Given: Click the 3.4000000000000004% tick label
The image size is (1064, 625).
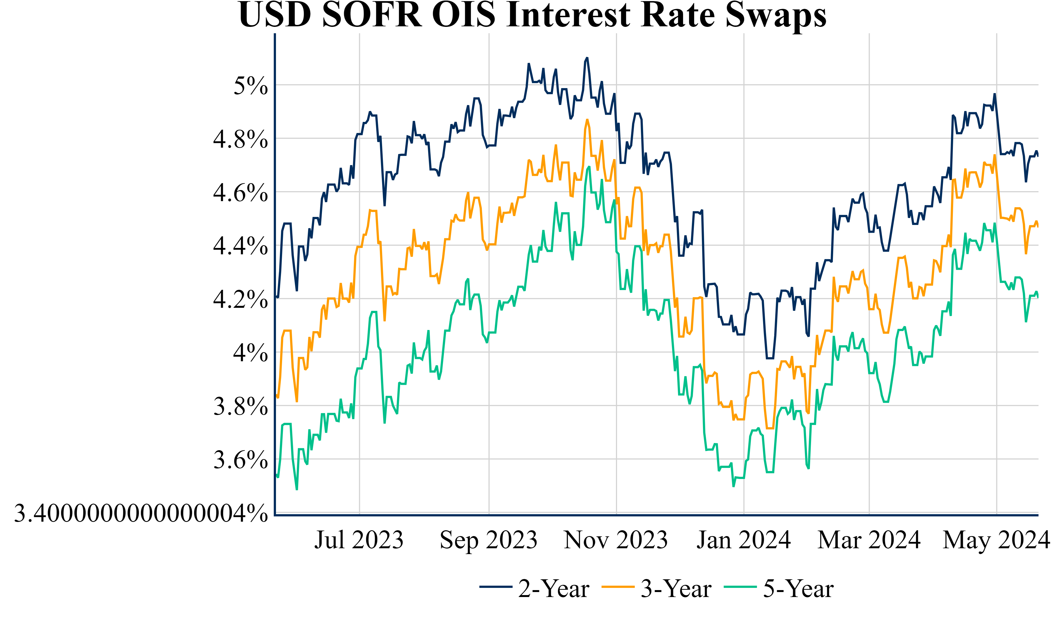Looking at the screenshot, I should pyautogui.click(x=141, y=514).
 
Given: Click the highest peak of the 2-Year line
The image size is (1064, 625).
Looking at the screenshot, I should pyautogui.click(x=587, y=58).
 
